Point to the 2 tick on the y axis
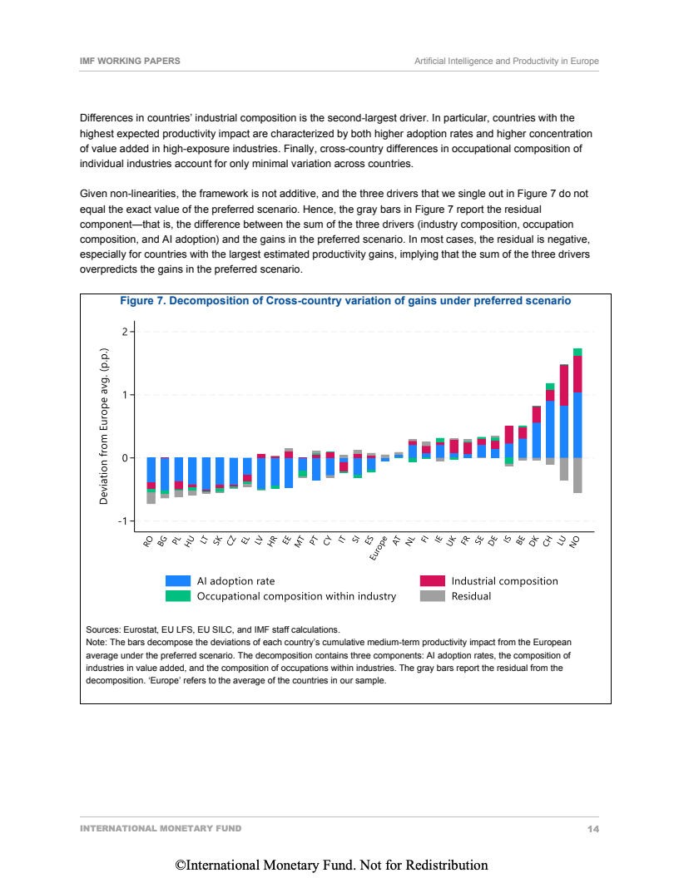tap(125, 333)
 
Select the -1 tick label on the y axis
tap(123, 521)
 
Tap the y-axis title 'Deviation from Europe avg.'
tap(105, 427)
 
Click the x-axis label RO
tap(148, 541)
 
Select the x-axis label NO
tap(574, 542)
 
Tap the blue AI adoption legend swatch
tap(179, 581)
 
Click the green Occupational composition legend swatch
tap(179, 596)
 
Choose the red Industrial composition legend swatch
tap(433, 581)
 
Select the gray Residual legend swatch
tap(433, 596)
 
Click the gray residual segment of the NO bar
tap(577, 476)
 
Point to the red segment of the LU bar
tap(564, 386)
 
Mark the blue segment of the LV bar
tap(261, 474)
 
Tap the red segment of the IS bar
tap(508, 434)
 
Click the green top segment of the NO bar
tap(577, 352)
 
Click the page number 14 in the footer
tap(592, 829)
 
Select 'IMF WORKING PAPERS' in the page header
tap(130, 62)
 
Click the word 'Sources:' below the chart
tap(103, 630)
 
